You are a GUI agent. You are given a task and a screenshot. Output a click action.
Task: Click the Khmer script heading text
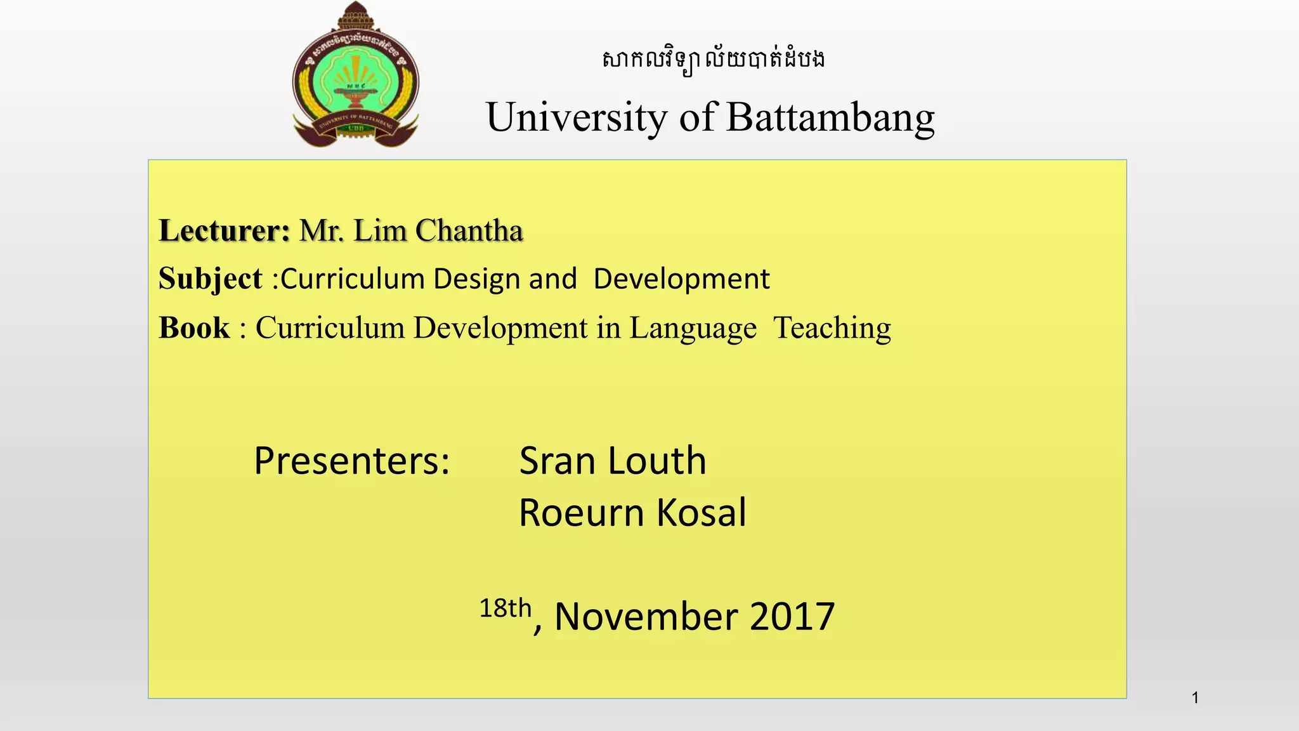pyautogui.click(x=713, y=60)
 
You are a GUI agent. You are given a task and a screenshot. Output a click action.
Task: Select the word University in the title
pyautogui.click(x=576, y=118)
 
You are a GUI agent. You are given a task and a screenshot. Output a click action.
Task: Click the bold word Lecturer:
pyautogui.click(x=225, y=230)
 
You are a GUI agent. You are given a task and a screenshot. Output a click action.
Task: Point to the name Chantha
pyautogui.click(x=469, y=230)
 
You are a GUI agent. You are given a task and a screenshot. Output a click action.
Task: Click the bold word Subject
pyautogui.click(x=210, y=279)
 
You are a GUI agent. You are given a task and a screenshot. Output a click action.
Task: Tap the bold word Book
pyautogui.click(x=194, y=328)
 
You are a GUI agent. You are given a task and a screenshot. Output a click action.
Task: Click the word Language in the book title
pyautogui.click(x=693, y=329)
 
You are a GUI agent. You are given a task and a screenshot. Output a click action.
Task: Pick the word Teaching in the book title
pyautogui.click(x=832, y=328)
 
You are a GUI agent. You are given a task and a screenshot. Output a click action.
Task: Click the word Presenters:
pyautogui.click(x=352, y=461)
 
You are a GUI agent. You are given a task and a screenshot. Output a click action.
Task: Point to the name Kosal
pyautogui.click(x=702, y=513)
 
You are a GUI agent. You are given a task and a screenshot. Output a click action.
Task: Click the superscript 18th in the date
pyautogui.click(x=505, y=609)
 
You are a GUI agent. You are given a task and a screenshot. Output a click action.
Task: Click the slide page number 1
pyautogui.click(x=1195, y=698)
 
